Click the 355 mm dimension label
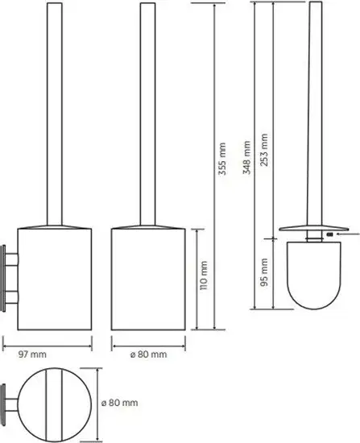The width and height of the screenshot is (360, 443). coord(222,159)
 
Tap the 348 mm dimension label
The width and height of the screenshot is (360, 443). coord(247,158)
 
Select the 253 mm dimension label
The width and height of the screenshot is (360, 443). coord(264,150)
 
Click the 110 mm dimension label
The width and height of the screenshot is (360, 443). coord(204,275)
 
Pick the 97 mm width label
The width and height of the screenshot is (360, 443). coord(32,354)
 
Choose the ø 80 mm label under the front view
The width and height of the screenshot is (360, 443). coord(149,354)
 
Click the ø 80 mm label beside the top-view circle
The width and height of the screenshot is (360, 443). coord(120,403)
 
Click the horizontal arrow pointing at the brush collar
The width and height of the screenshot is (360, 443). coord(348,234)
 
